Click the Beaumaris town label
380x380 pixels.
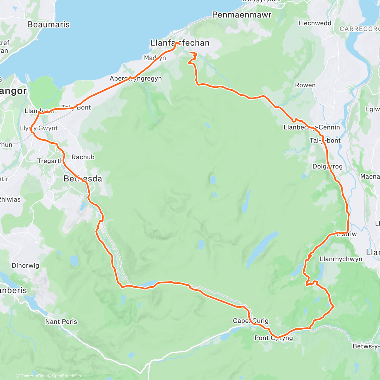tap(48, 25)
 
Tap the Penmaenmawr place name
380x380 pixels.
tap(242, 15)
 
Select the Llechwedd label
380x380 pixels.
tap(315, 23)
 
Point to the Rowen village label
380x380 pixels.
tap(305, 85)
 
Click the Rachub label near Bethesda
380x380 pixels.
tap(83, 157)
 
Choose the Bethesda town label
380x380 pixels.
tap(83, 179)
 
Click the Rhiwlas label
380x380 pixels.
tap(10, 199)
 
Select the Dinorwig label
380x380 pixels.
tap(25, 266)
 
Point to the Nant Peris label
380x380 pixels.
tap(61, 322)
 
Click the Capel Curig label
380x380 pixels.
tap(250, 321)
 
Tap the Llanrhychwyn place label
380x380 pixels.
tap(341, 259)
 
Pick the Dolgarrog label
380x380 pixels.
tap(327, 167)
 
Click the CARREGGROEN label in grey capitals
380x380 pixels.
tap(359, 29)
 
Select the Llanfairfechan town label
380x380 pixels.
tap(180, 43)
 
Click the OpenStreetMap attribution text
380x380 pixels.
tap(66, 376)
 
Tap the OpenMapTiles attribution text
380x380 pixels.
tap(33, 376)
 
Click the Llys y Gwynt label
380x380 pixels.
tap(39, 128)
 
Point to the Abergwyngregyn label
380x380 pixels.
tap(136, 79)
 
